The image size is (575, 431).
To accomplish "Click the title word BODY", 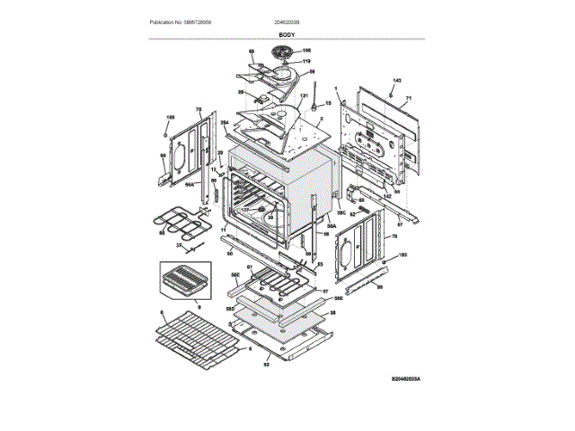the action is click(287, 33).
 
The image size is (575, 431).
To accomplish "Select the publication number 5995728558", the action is click(207, 21).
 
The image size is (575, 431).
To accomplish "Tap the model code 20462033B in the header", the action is click(287, 21).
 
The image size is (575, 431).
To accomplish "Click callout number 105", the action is click(305, 51).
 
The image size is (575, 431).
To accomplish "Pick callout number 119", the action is click(305, 61).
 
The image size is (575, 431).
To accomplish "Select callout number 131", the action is click(304, 95).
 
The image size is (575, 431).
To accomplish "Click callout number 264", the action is click(225, 121).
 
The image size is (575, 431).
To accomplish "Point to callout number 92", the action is click(267, 365).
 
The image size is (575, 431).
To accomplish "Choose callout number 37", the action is click(179, 245).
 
